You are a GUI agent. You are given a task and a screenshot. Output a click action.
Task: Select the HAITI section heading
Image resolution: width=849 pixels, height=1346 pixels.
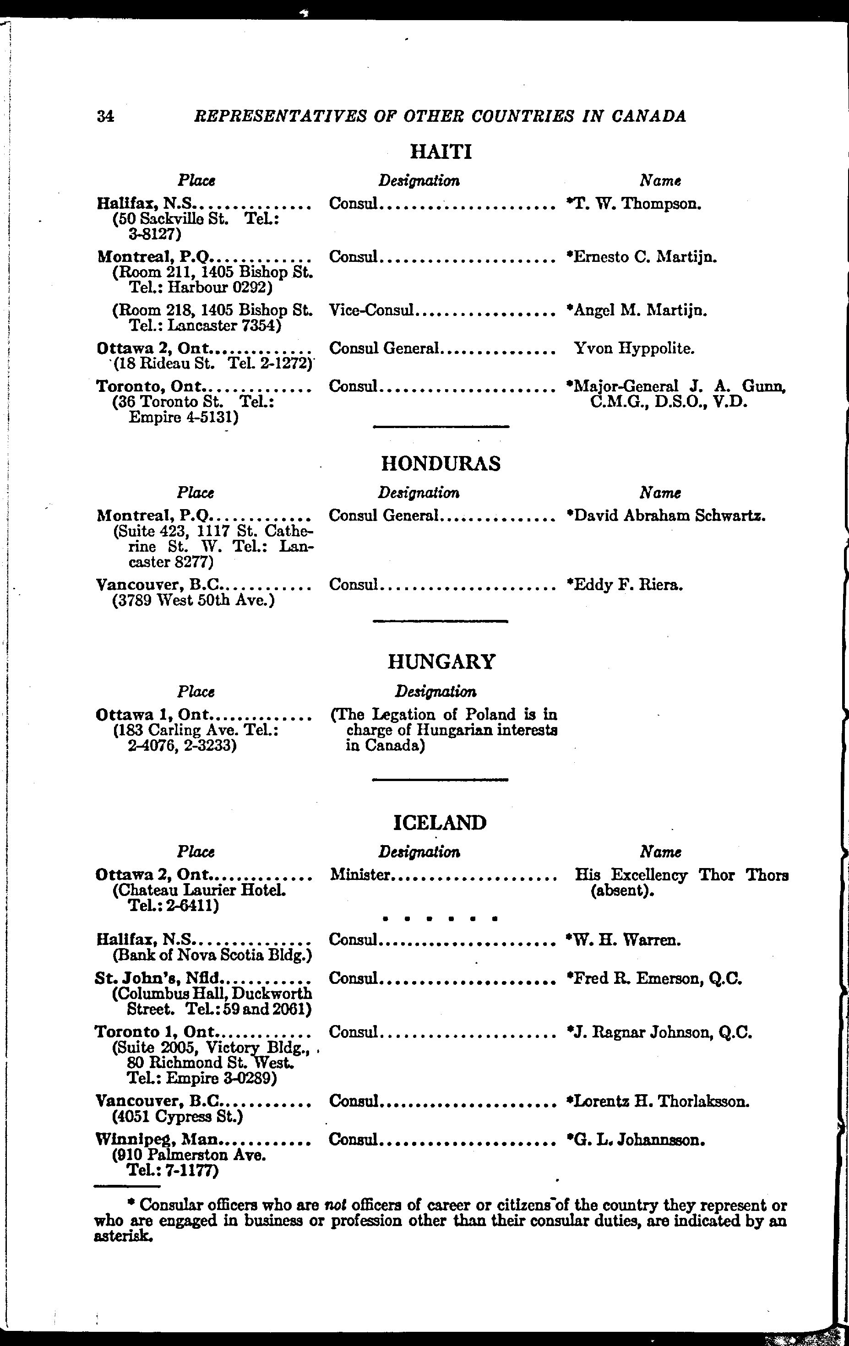coord(441,152)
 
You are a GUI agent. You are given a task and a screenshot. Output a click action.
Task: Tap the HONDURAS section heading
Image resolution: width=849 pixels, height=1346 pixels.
coord(441,463)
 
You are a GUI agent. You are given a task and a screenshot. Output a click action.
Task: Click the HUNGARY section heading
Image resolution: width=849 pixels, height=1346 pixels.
coord(441,662)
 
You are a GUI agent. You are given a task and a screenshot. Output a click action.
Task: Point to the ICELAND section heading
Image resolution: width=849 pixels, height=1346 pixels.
coord(440,823)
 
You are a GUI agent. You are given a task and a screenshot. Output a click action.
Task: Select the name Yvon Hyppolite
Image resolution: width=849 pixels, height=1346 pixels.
coord(634,349)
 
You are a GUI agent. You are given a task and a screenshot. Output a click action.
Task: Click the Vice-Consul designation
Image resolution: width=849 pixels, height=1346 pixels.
coord(371,309)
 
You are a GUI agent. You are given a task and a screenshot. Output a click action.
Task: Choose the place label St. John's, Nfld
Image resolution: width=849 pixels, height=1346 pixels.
coord(159,978)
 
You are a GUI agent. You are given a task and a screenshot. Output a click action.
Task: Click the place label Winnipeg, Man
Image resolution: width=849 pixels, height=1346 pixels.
coord(157,1139)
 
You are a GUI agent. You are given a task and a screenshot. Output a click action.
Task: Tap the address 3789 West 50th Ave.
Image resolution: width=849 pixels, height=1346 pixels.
coord(193,601)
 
